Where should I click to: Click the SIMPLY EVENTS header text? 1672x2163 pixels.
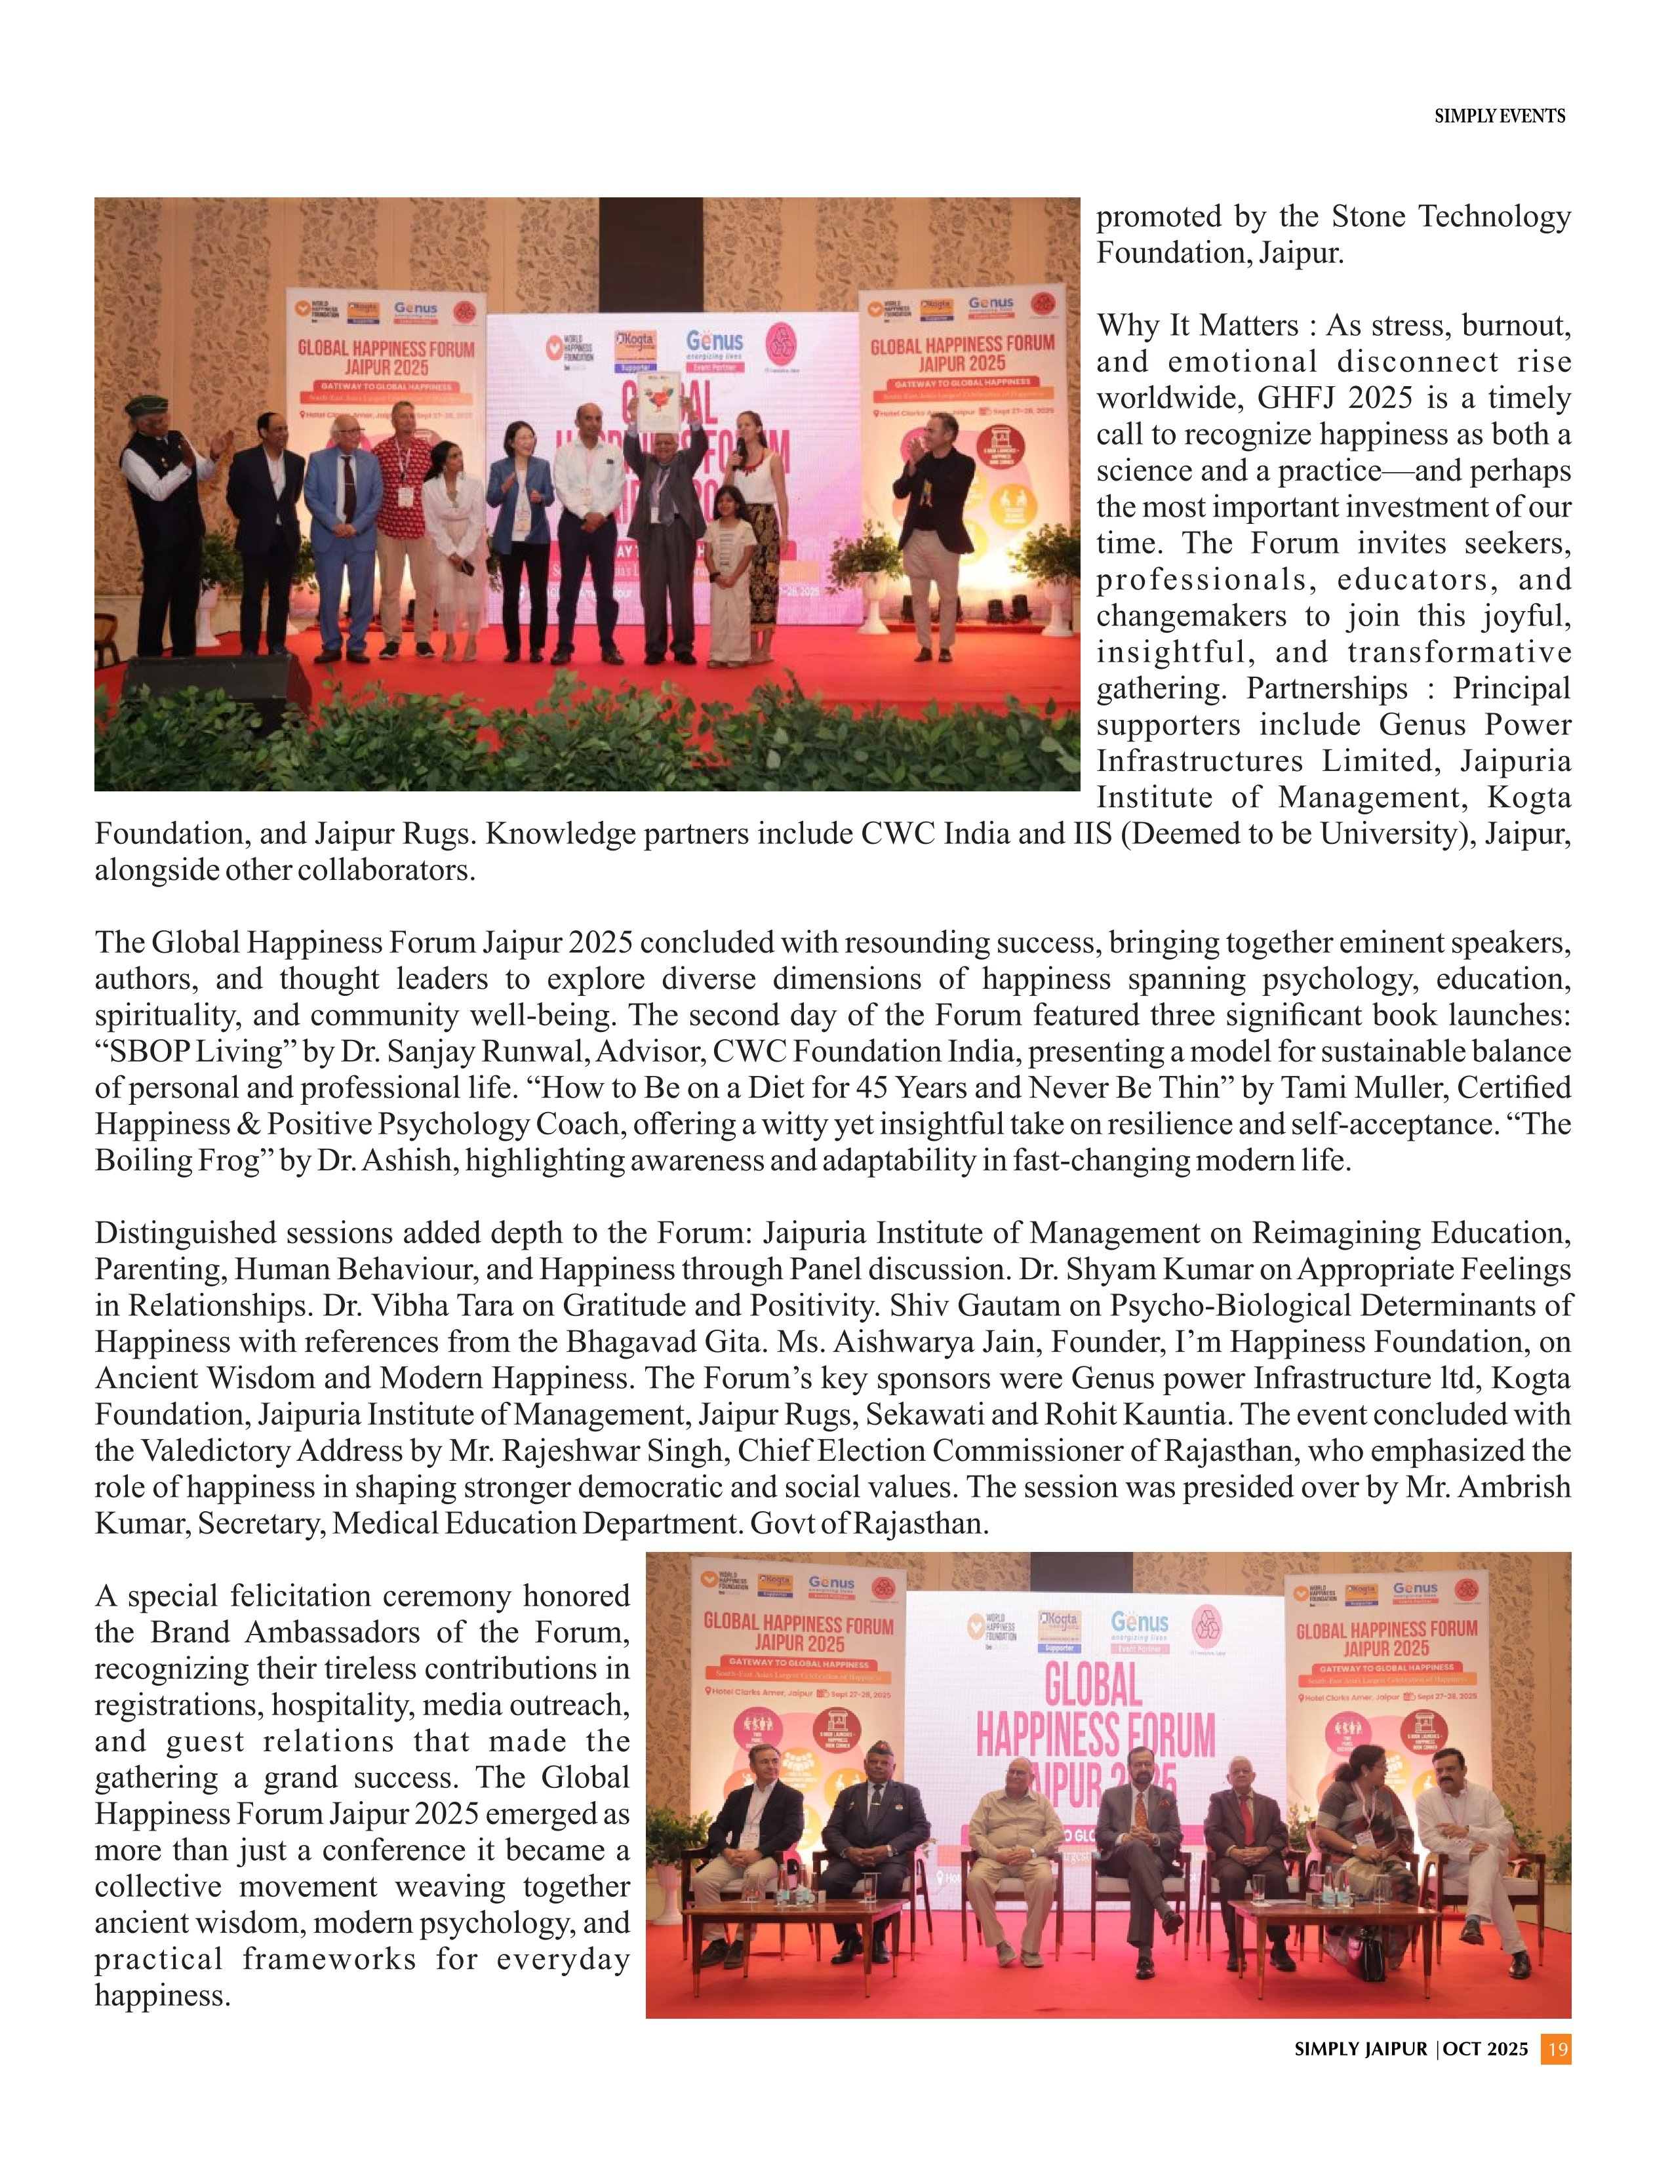click(1500, 116)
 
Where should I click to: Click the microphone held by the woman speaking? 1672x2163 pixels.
click(738, 448)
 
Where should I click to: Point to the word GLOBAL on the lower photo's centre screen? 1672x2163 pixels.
click(1094, 1682)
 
